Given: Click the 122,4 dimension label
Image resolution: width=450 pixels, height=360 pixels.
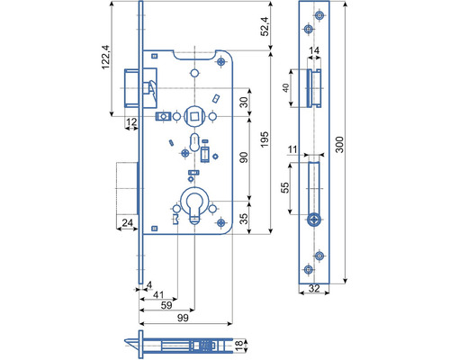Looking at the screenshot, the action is [106, 58].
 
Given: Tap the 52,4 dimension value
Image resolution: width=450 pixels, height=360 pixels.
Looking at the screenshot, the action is [265, 26].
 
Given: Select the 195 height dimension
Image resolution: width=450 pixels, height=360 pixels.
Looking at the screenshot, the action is [265, 139].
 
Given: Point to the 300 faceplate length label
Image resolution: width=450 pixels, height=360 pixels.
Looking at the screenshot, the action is [339, 144].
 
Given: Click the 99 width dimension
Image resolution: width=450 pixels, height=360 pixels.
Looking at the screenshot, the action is [183, 318].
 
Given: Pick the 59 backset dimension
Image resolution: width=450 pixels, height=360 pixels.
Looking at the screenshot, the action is [166, 305].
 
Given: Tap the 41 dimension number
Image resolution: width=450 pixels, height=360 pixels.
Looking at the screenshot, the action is [158, 294].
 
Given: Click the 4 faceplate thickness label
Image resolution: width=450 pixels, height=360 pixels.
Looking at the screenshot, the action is [149, 284].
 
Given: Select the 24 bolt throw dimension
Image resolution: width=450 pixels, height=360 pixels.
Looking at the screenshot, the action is [127, 222].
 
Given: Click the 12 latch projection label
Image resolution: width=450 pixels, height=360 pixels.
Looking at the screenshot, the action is [131, 121].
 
